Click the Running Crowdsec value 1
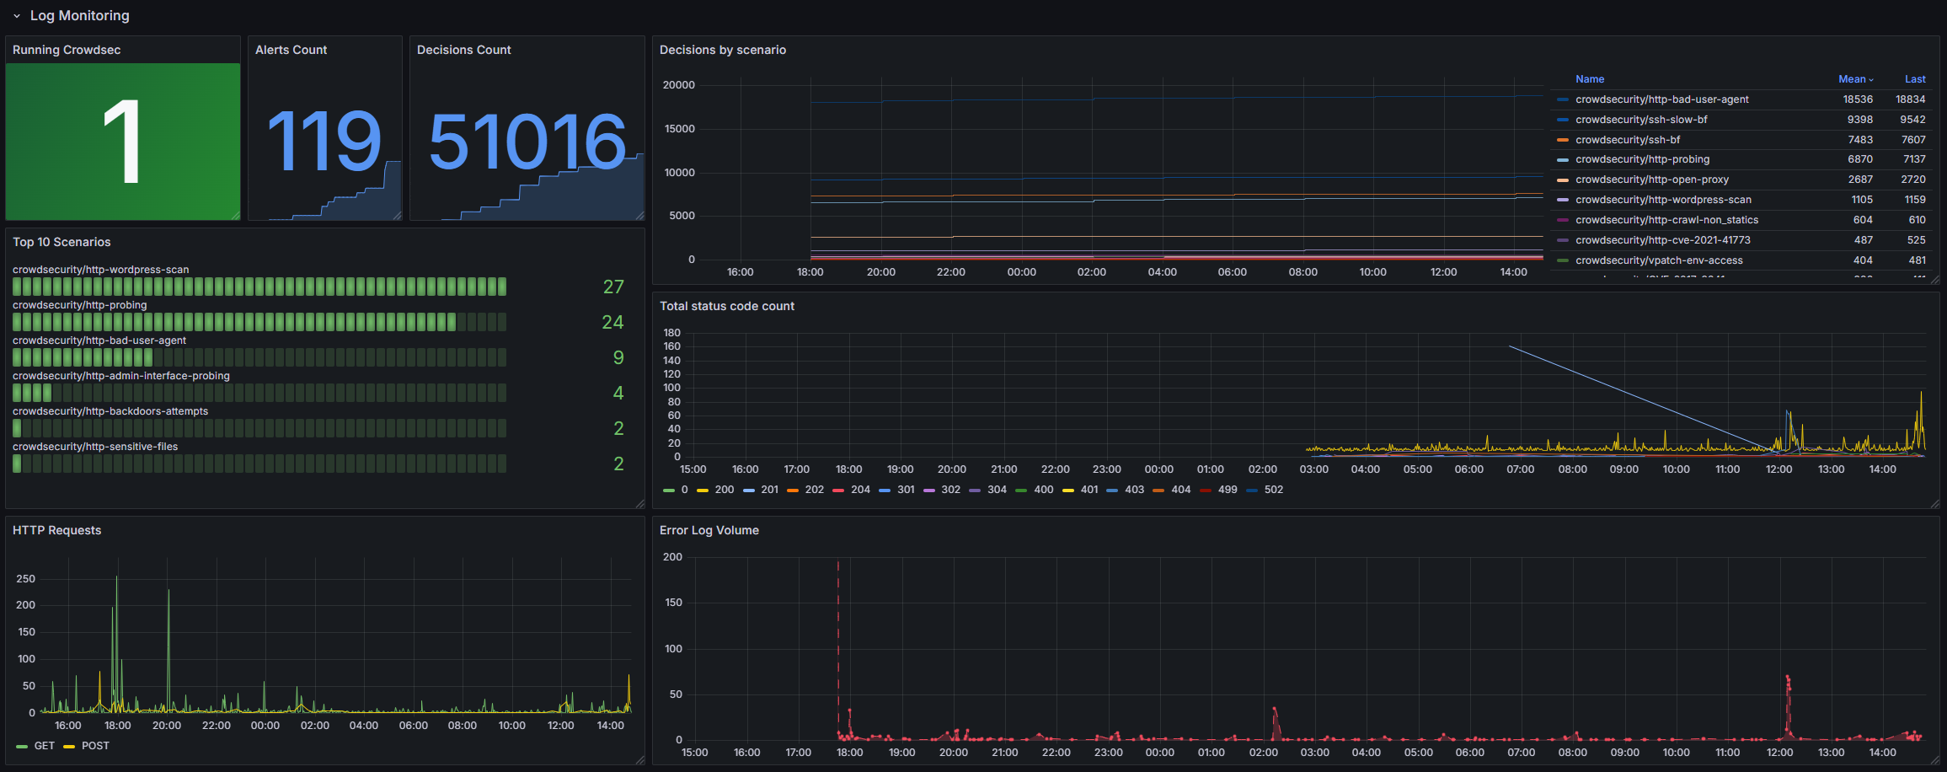(122, 142)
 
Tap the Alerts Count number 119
(324, 142)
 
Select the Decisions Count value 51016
(527, 142)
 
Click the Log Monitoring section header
(79, 15)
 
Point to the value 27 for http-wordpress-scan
(613, 287)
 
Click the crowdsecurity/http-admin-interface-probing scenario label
(121, 376)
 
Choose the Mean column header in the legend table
(1852, 79)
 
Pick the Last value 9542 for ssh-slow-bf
(1912, 120)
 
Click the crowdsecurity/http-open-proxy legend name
(1651, 180)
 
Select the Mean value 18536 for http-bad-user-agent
(1858, 99)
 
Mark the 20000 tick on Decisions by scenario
(678, 85)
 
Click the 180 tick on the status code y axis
(671, 333)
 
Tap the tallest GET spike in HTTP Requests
(116, 578)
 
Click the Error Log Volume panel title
(709, 530)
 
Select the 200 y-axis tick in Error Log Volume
(672, 557)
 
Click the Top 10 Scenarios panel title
(62, 242)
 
